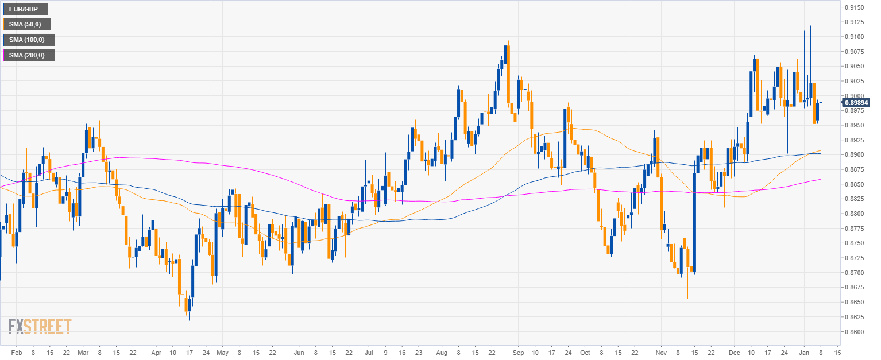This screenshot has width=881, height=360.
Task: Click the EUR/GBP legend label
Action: pyautogui.click(x=25, y=9)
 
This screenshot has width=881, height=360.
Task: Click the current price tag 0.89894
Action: pyautogui.click(x=856, y=102)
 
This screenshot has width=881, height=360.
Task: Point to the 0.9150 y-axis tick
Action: pyautogui.click(x=855, y=7)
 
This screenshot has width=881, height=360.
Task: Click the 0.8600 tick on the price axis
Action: pyautogui.click(x=855, y=332)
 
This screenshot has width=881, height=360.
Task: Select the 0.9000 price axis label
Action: pyautogui.click(x=855, y=96)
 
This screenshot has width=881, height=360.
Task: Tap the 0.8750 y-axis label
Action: pyautogui.click(x=855, y=243)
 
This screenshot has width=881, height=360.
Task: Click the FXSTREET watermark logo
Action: pyautogui.click(x=40, y=326)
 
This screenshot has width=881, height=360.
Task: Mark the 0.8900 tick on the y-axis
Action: pyautogui.click(x=855, y=155)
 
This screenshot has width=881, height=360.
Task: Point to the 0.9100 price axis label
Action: pyautogui.click(x=855, y=37)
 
